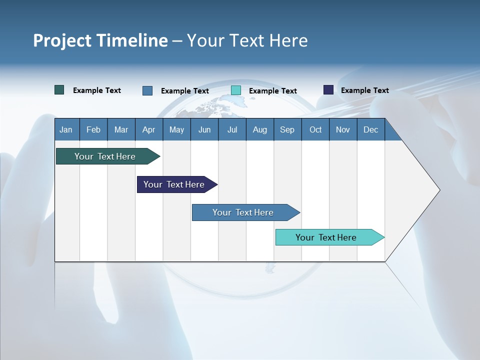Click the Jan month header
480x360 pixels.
pos(66,130)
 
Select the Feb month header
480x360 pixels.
pos(93,130)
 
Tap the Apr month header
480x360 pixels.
pos(148,130)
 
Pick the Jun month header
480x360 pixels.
pos(204,130)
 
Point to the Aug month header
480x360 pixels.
pos(259,130)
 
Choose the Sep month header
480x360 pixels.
pos(287,130)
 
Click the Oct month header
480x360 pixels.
pos(315,130)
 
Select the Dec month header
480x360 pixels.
pos(370,130)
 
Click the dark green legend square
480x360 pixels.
pos(59,90)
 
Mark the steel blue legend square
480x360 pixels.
pos(147,90)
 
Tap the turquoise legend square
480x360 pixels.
pos(236,90)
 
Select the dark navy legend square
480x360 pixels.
pos(328,90)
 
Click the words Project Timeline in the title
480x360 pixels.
pos(100,40)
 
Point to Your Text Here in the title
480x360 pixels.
pos(247,40)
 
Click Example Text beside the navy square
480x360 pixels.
pos(364,90)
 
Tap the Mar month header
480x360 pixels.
pos(121,130)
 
